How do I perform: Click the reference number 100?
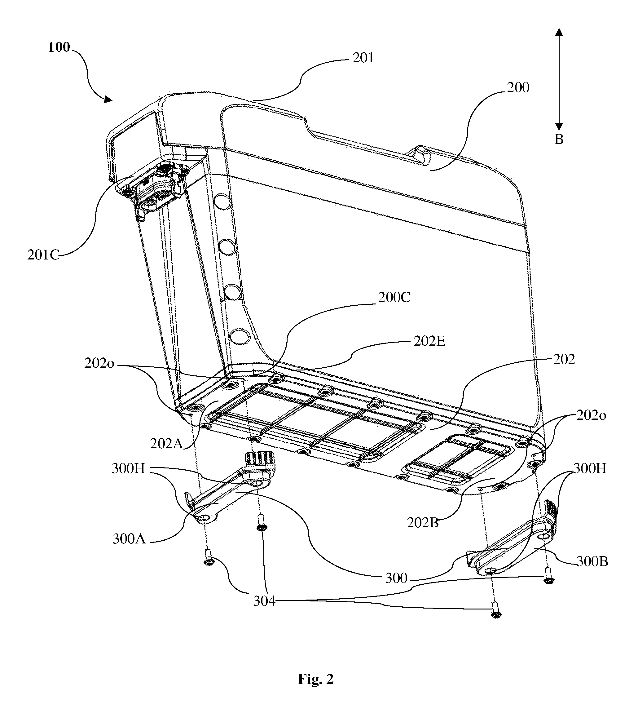point(59,47)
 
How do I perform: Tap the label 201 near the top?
point(363,58)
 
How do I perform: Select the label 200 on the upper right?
point(518,87)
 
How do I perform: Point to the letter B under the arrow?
point(559,139)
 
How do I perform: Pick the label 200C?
point(394,297)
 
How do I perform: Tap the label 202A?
point(166,444)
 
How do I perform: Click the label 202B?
point(423,523)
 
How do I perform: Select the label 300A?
point(129,538)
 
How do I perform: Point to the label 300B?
point(592,561)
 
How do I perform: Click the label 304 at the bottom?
point(264,601)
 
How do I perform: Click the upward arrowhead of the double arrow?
point(559,32)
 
